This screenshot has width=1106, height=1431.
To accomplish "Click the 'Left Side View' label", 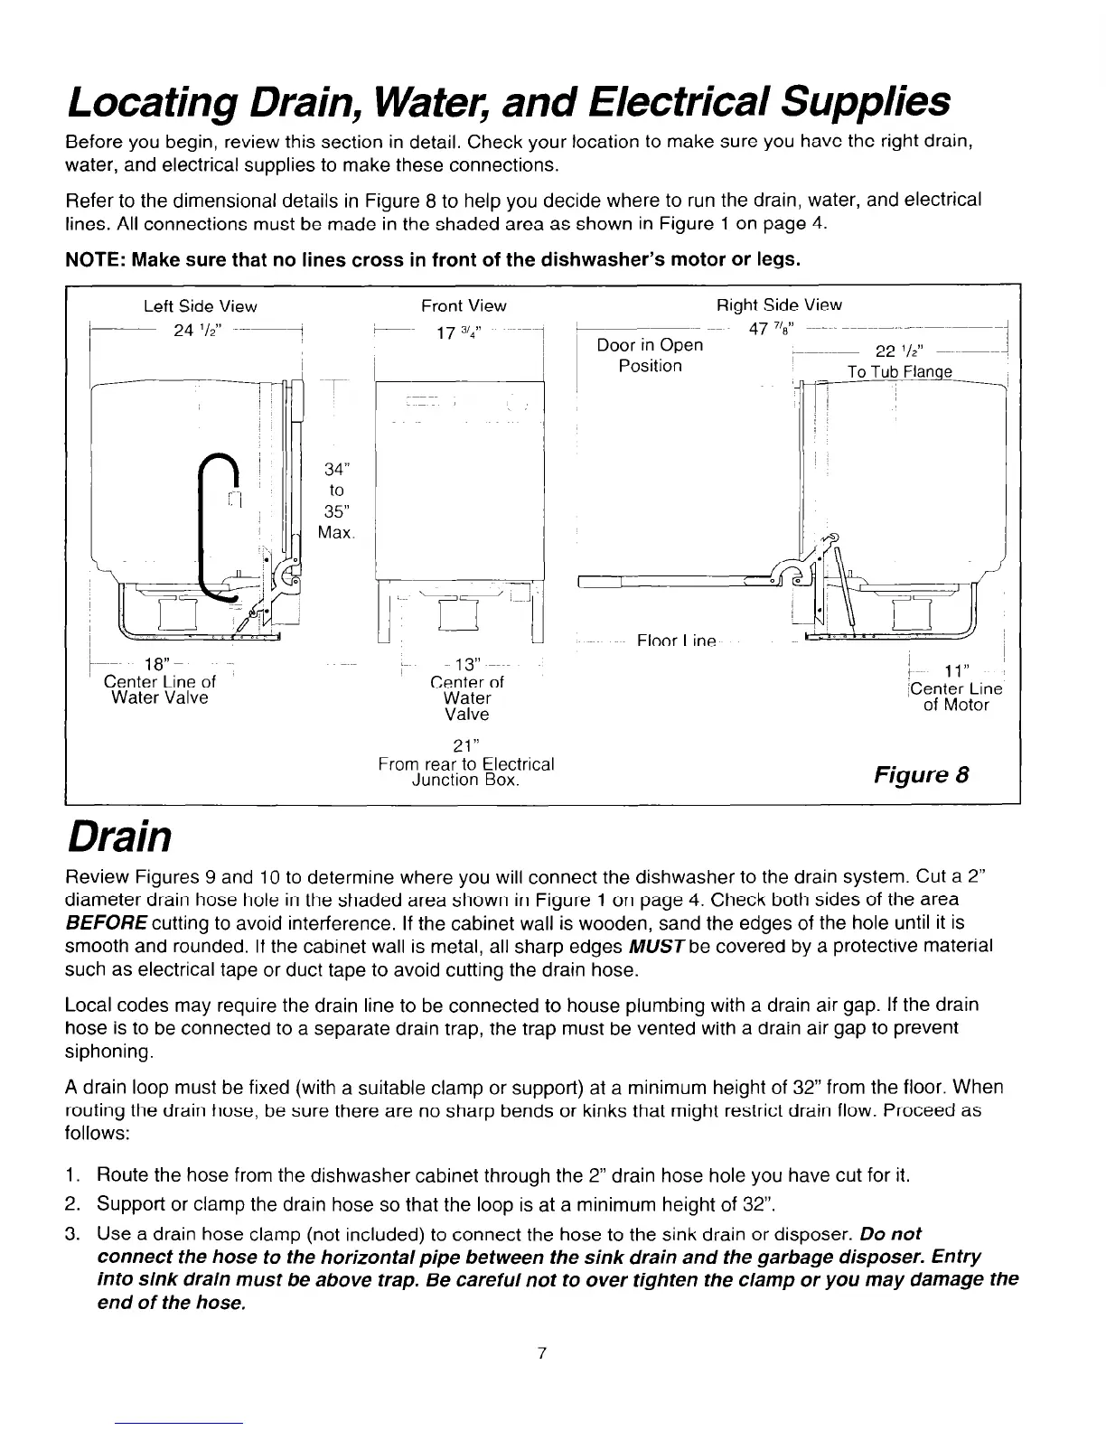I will [x=201, y=306].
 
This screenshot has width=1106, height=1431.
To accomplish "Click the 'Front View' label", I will [x=464, y=306].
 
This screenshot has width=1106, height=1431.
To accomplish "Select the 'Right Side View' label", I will [x=779, y=305].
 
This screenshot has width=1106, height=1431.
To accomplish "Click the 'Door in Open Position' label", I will [x=650, y=355].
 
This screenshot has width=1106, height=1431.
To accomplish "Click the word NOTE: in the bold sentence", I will [x=97, y=260].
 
